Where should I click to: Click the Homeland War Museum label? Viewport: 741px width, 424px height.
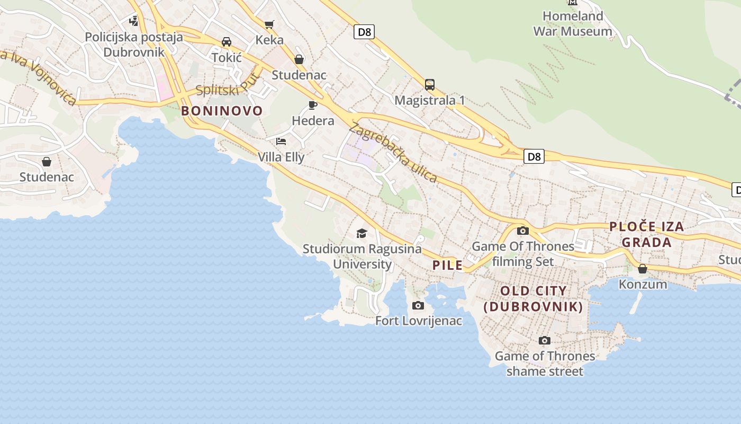572,24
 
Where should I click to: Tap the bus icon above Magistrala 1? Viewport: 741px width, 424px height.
430,84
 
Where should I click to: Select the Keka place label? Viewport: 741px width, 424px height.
269,40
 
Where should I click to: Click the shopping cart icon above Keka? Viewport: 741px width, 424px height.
269,24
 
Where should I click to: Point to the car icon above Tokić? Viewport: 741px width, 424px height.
227,41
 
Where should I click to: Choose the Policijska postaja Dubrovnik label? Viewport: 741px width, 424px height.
134,45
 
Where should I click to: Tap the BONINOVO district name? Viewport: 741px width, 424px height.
222,111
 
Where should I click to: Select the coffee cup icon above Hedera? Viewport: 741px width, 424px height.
313,105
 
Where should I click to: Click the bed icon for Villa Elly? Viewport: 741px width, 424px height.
281,142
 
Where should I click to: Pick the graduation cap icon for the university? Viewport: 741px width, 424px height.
362,233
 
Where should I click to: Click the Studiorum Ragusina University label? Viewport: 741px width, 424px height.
363,256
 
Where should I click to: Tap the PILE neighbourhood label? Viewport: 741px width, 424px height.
448,266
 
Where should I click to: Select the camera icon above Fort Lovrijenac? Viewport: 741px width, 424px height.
418,305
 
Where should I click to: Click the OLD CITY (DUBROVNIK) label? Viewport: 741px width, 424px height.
534,298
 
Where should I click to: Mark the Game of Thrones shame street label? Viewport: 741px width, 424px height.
545,364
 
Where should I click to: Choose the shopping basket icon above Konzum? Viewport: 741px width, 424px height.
643,269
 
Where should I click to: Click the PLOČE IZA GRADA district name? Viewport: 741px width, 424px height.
646,234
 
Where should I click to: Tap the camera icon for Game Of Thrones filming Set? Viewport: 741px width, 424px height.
523,231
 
